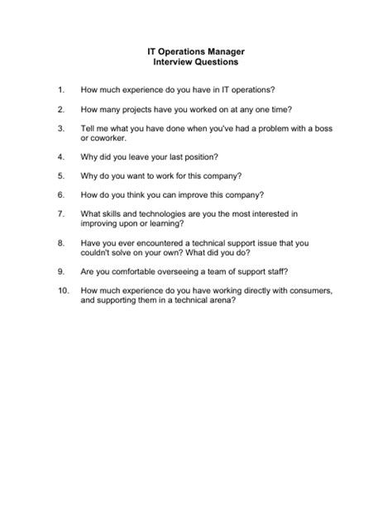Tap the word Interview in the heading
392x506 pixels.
tap(174, 62)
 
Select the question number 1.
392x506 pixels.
tap(60, 88)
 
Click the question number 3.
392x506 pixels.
tap(60, 129)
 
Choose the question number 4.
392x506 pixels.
tap(60, 156)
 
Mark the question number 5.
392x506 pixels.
tap(60, 177)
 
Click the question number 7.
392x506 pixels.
tap(60, 214)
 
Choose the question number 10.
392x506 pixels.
tap(63, 291)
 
